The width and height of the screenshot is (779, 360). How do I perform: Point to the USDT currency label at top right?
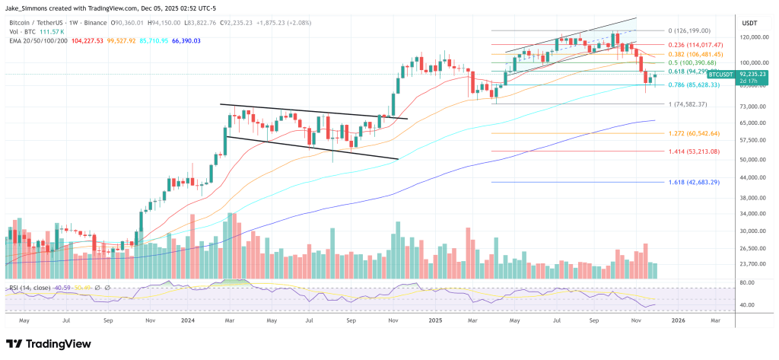click(x=750, y=23)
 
